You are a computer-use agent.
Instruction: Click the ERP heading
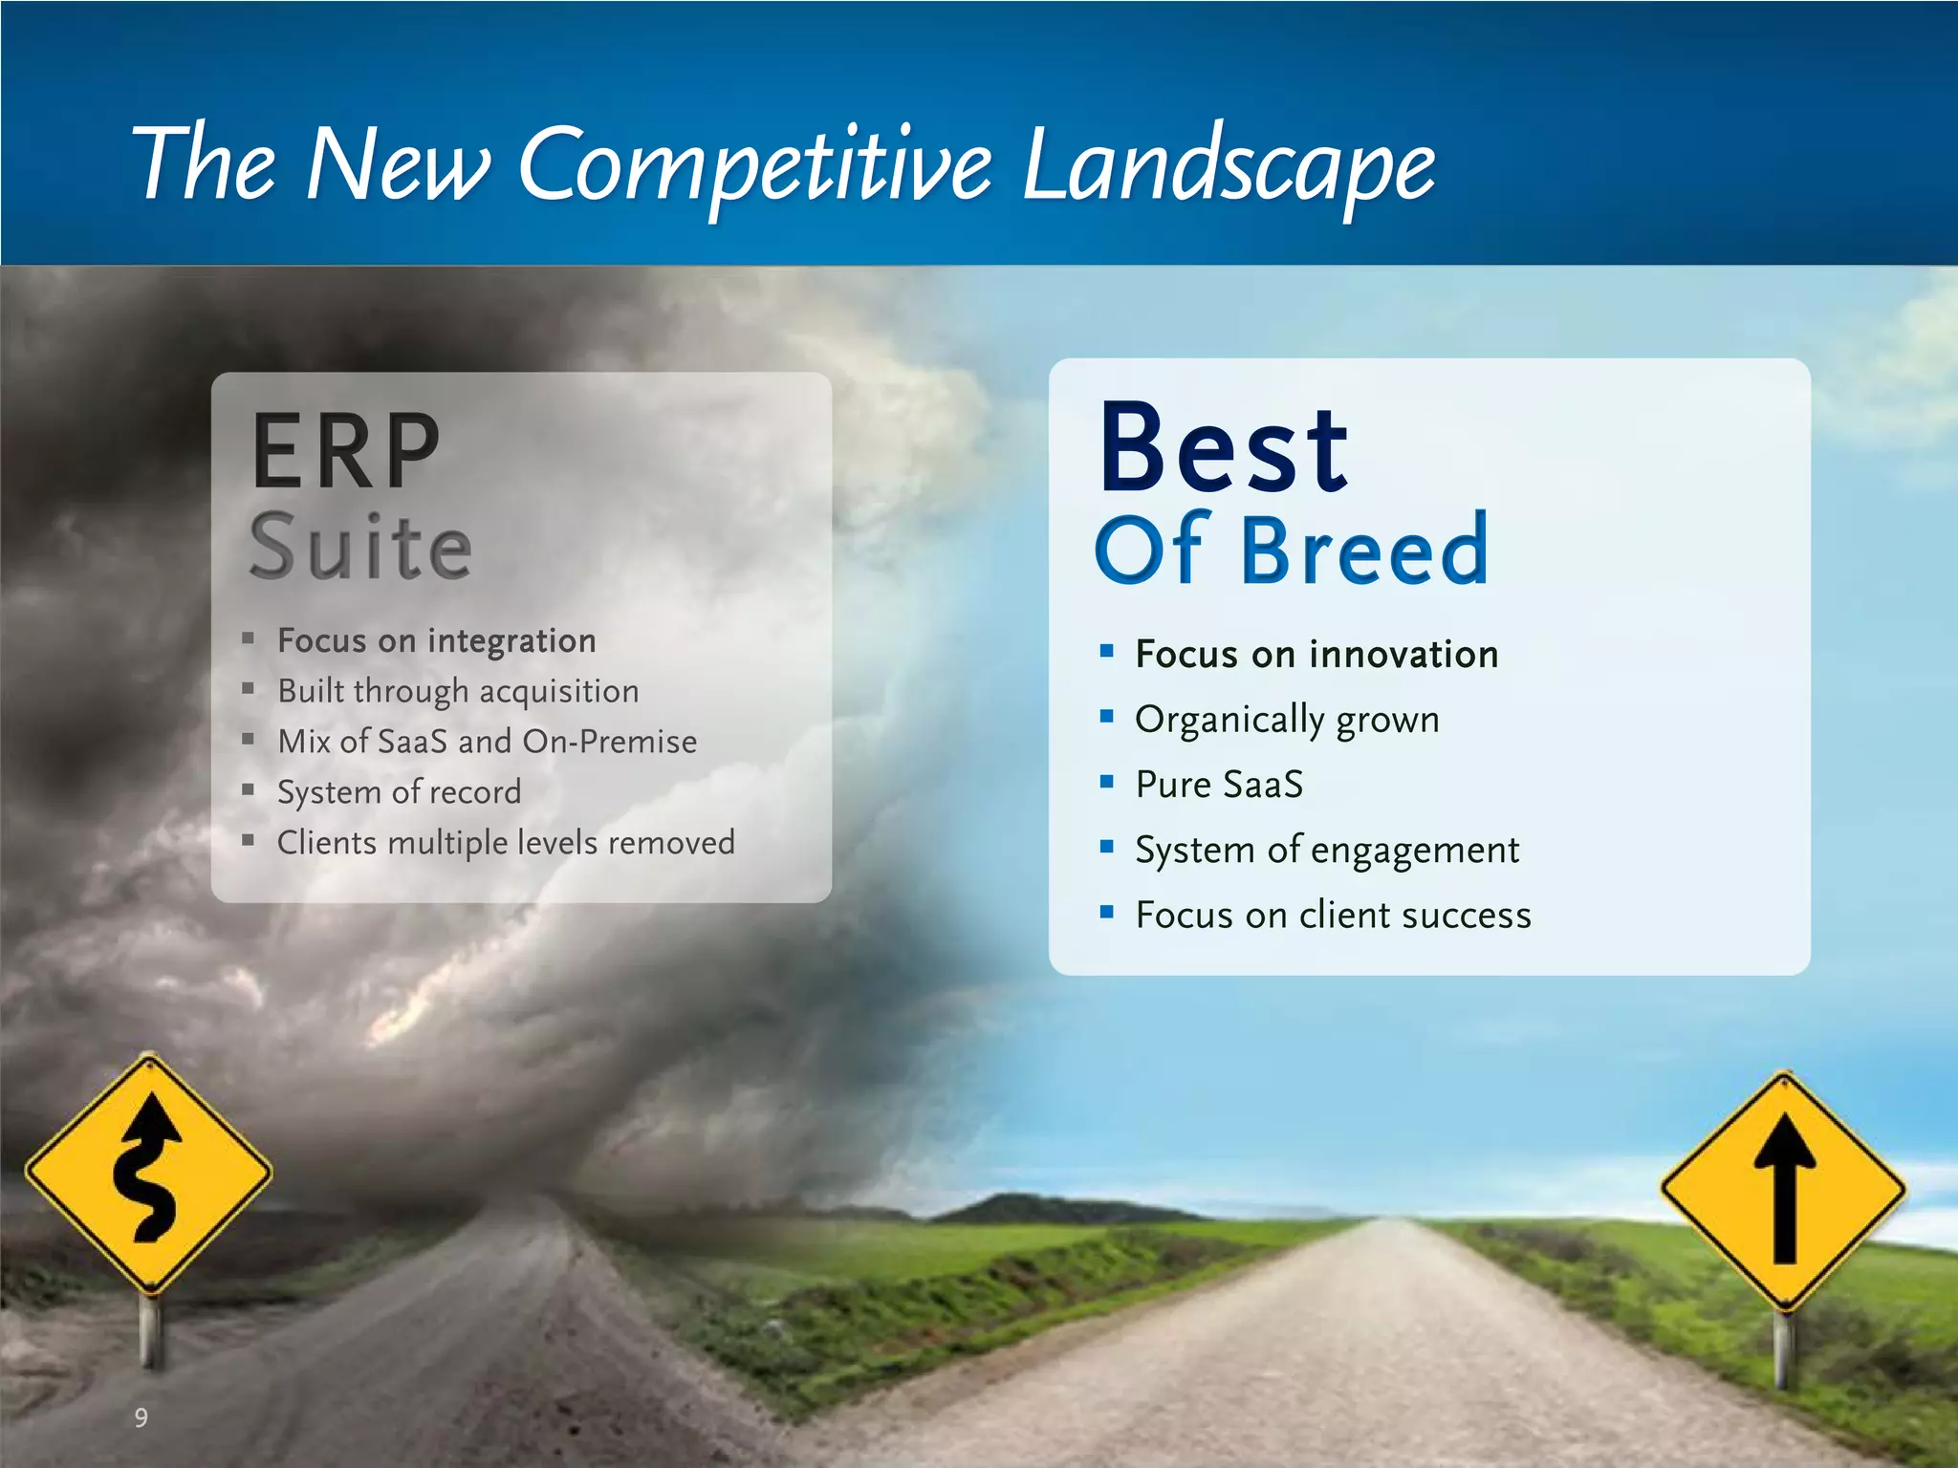click(345, 451)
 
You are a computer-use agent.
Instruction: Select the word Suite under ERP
click(360, 548)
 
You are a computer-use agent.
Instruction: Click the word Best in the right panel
click(1224, 449)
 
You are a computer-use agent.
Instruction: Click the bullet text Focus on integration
click(436, 640)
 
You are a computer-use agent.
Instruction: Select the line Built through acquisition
click(458, 691)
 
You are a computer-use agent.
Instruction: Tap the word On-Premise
click(609, 742)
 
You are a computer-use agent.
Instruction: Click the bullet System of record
click(399, 792)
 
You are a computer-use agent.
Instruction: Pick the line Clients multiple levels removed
click(506, 843)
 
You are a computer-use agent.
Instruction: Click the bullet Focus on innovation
click(1316, 655)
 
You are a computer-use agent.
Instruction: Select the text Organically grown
click(1287, 720)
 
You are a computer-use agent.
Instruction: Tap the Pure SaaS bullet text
click(1219, 785)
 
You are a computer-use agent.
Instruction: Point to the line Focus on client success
click(1333, 916)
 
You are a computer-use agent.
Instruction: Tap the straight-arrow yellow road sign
click(1783, 1191)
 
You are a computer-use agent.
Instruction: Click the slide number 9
click(141, 1417)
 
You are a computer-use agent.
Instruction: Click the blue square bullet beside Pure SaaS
click(1107, 782)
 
